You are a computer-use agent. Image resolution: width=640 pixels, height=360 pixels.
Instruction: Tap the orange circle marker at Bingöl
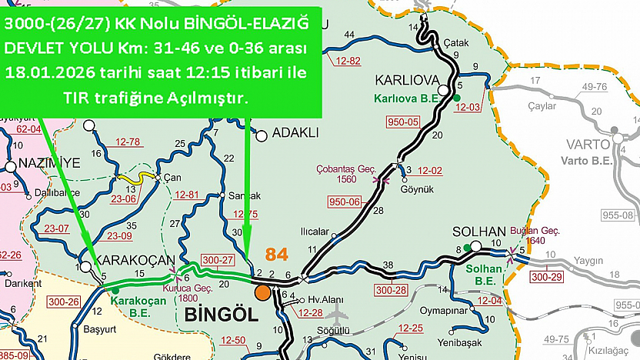263,292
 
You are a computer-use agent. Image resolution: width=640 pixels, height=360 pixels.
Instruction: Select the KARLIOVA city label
406,81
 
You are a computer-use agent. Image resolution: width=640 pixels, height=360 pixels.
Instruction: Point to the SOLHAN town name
479,232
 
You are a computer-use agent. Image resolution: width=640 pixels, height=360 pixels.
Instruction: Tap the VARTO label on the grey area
588,144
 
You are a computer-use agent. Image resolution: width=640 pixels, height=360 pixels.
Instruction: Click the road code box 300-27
218,261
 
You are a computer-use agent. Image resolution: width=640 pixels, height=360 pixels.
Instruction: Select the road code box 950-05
404,122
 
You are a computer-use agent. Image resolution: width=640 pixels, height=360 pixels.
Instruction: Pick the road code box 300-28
392,290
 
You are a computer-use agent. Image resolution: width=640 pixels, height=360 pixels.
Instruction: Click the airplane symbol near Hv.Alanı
337,314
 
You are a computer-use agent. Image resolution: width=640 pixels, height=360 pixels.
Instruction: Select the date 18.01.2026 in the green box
47,74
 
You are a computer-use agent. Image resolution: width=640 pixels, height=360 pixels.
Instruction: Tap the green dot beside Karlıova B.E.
456,98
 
